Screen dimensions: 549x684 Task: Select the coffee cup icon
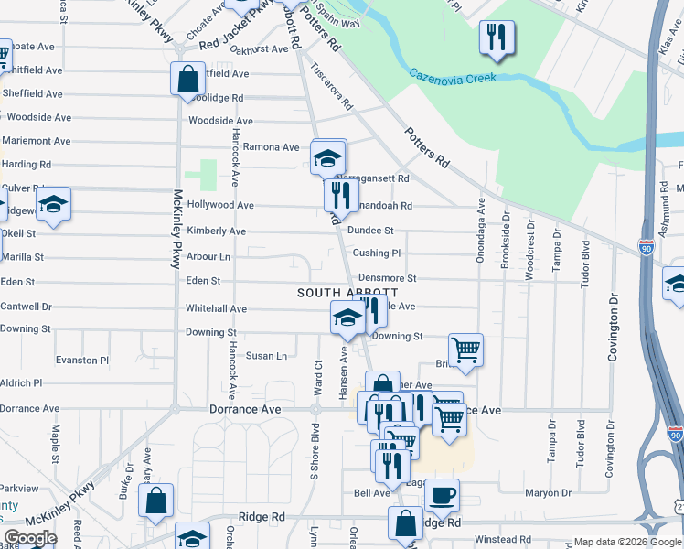tap(443, 495)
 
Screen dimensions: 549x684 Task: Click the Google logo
tap(30, 538)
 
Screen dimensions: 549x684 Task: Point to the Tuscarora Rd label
tap(331, 86)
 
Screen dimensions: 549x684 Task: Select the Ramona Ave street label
tap(271, 146)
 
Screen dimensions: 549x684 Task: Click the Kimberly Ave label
tap(216, 231)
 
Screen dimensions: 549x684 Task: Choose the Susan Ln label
tap(266, 355)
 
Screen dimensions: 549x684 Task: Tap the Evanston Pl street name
tap(81, 361)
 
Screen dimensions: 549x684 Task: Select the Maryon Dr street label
tap(548, 493)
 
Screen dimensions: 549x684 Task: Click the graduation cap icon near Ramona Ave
tap(327, 157)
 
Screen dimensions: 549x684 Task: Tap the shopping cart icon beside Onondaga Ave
tap(465, 350)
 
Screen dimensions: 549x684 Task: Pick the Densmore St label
tap(387, 277)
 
